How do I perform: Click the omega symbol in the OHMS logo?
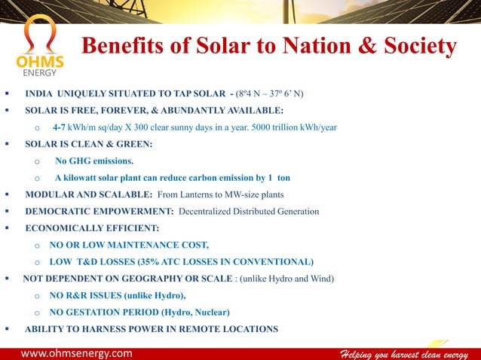(38, 37)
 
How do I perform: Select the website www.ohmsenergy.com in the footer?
(76, 352)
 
